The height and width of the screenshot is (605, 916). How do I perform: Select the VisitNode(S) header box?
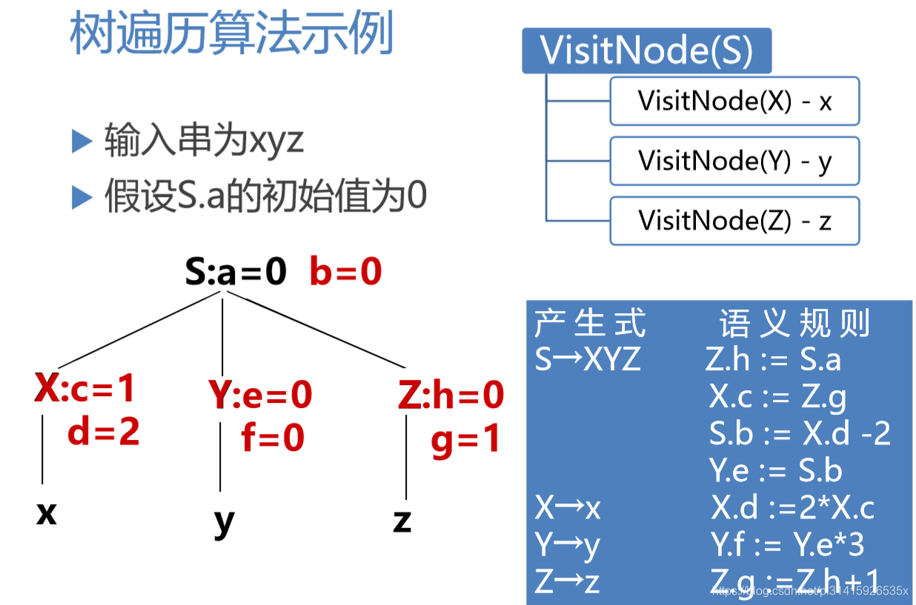point(646,51)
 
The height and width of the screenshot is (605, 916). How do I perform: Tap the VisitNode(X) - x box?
point(734,101)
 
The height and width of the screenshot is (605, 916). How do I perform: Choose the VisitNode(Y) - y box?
point(734,161)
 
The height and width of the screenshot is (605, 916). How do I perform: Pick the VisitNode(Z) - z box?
point(734,221)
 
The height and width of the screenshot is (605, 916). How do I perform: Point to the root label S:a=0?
point(236,273)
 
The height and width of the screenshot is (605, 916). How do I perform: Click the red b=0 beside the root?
point(345,273)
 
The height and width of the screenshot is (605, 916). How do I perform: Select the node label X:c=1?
point(86,388)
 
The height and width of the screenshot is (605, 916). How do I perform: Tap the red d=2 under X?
point(104,432)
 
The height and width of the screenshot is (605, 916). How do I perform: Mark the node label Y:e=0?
point(261,395)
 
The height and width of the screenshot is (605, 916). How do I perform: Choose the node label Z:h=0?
point(451,395)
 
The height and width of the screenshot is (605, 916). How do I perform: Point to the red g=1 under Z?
point(465,439)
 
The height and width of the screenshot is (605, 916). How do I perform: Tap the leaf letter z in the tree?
point(402,521)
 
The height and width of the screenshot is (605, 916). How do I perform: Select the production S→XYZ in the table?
point(588,360)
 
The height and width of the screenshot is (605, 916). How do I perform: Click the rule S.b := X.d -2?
point(800,434)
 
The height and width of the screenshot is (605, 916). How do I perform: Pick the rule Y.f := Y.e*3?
point(787,545)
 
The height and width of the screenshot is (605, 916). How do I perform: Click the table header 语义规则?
point(794,324)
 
